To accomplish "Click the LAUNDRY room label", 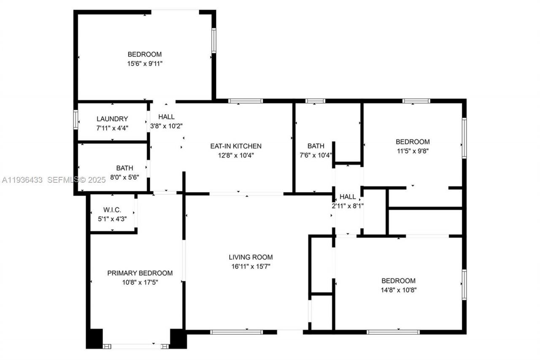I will point(112,119).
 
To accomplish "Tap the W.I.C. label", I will point(112,210).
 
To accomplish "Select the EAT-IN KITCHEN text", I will point(236,146).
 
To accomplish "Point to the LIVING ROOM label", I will point(251,257).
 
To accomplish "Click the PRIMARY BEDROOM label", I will point(140,273).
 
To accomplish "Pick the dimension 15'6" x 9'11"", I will point(145,63).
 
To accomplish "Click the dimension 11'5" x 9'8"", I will point(412,150).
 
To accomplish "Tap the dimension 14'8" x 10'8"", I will point(398,290).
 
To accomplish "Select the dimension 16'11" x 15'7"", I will point(251,266).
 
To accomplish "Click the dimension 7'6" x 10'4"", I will point(316,155).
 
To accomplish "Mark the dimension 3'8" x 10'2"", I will point(166,126).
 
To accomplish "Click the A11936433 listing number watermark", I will point(22,180).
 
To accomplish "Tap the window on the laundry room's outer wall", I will point(76,119).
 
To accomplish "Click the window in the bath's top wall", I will point(315,101).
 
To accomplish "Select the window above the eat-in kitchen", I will point(246,101).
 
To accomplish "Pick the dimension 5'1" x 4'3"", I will point(112,219).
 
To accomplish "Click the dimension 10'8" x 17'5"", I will point(140,282).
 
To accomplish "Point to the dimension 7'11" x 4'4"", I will point(112,128).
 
